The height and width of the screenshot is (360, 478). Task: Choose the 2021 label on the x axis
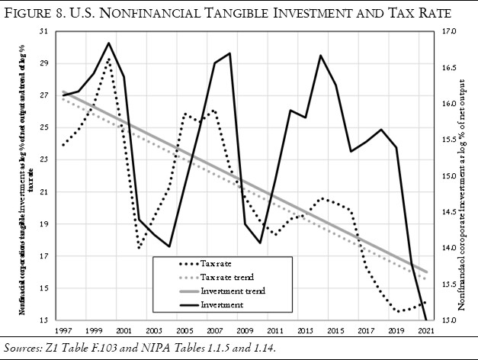pos(427,331)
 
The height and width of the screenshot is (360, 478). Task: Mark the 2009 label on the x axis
pos(245,331)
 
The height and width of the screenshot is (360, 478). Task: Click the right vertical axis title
pos(464,175)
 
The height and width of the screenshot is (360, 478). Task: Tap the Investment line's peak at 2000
pos(108,43)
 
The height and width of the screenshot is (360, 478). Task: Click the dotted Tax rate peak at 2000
pos(108,59)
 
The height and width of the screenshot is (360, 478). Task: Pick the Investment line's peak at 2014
pos(321,56)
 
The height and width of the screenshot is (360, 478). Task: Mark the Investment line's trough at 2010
pos(260,243)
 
